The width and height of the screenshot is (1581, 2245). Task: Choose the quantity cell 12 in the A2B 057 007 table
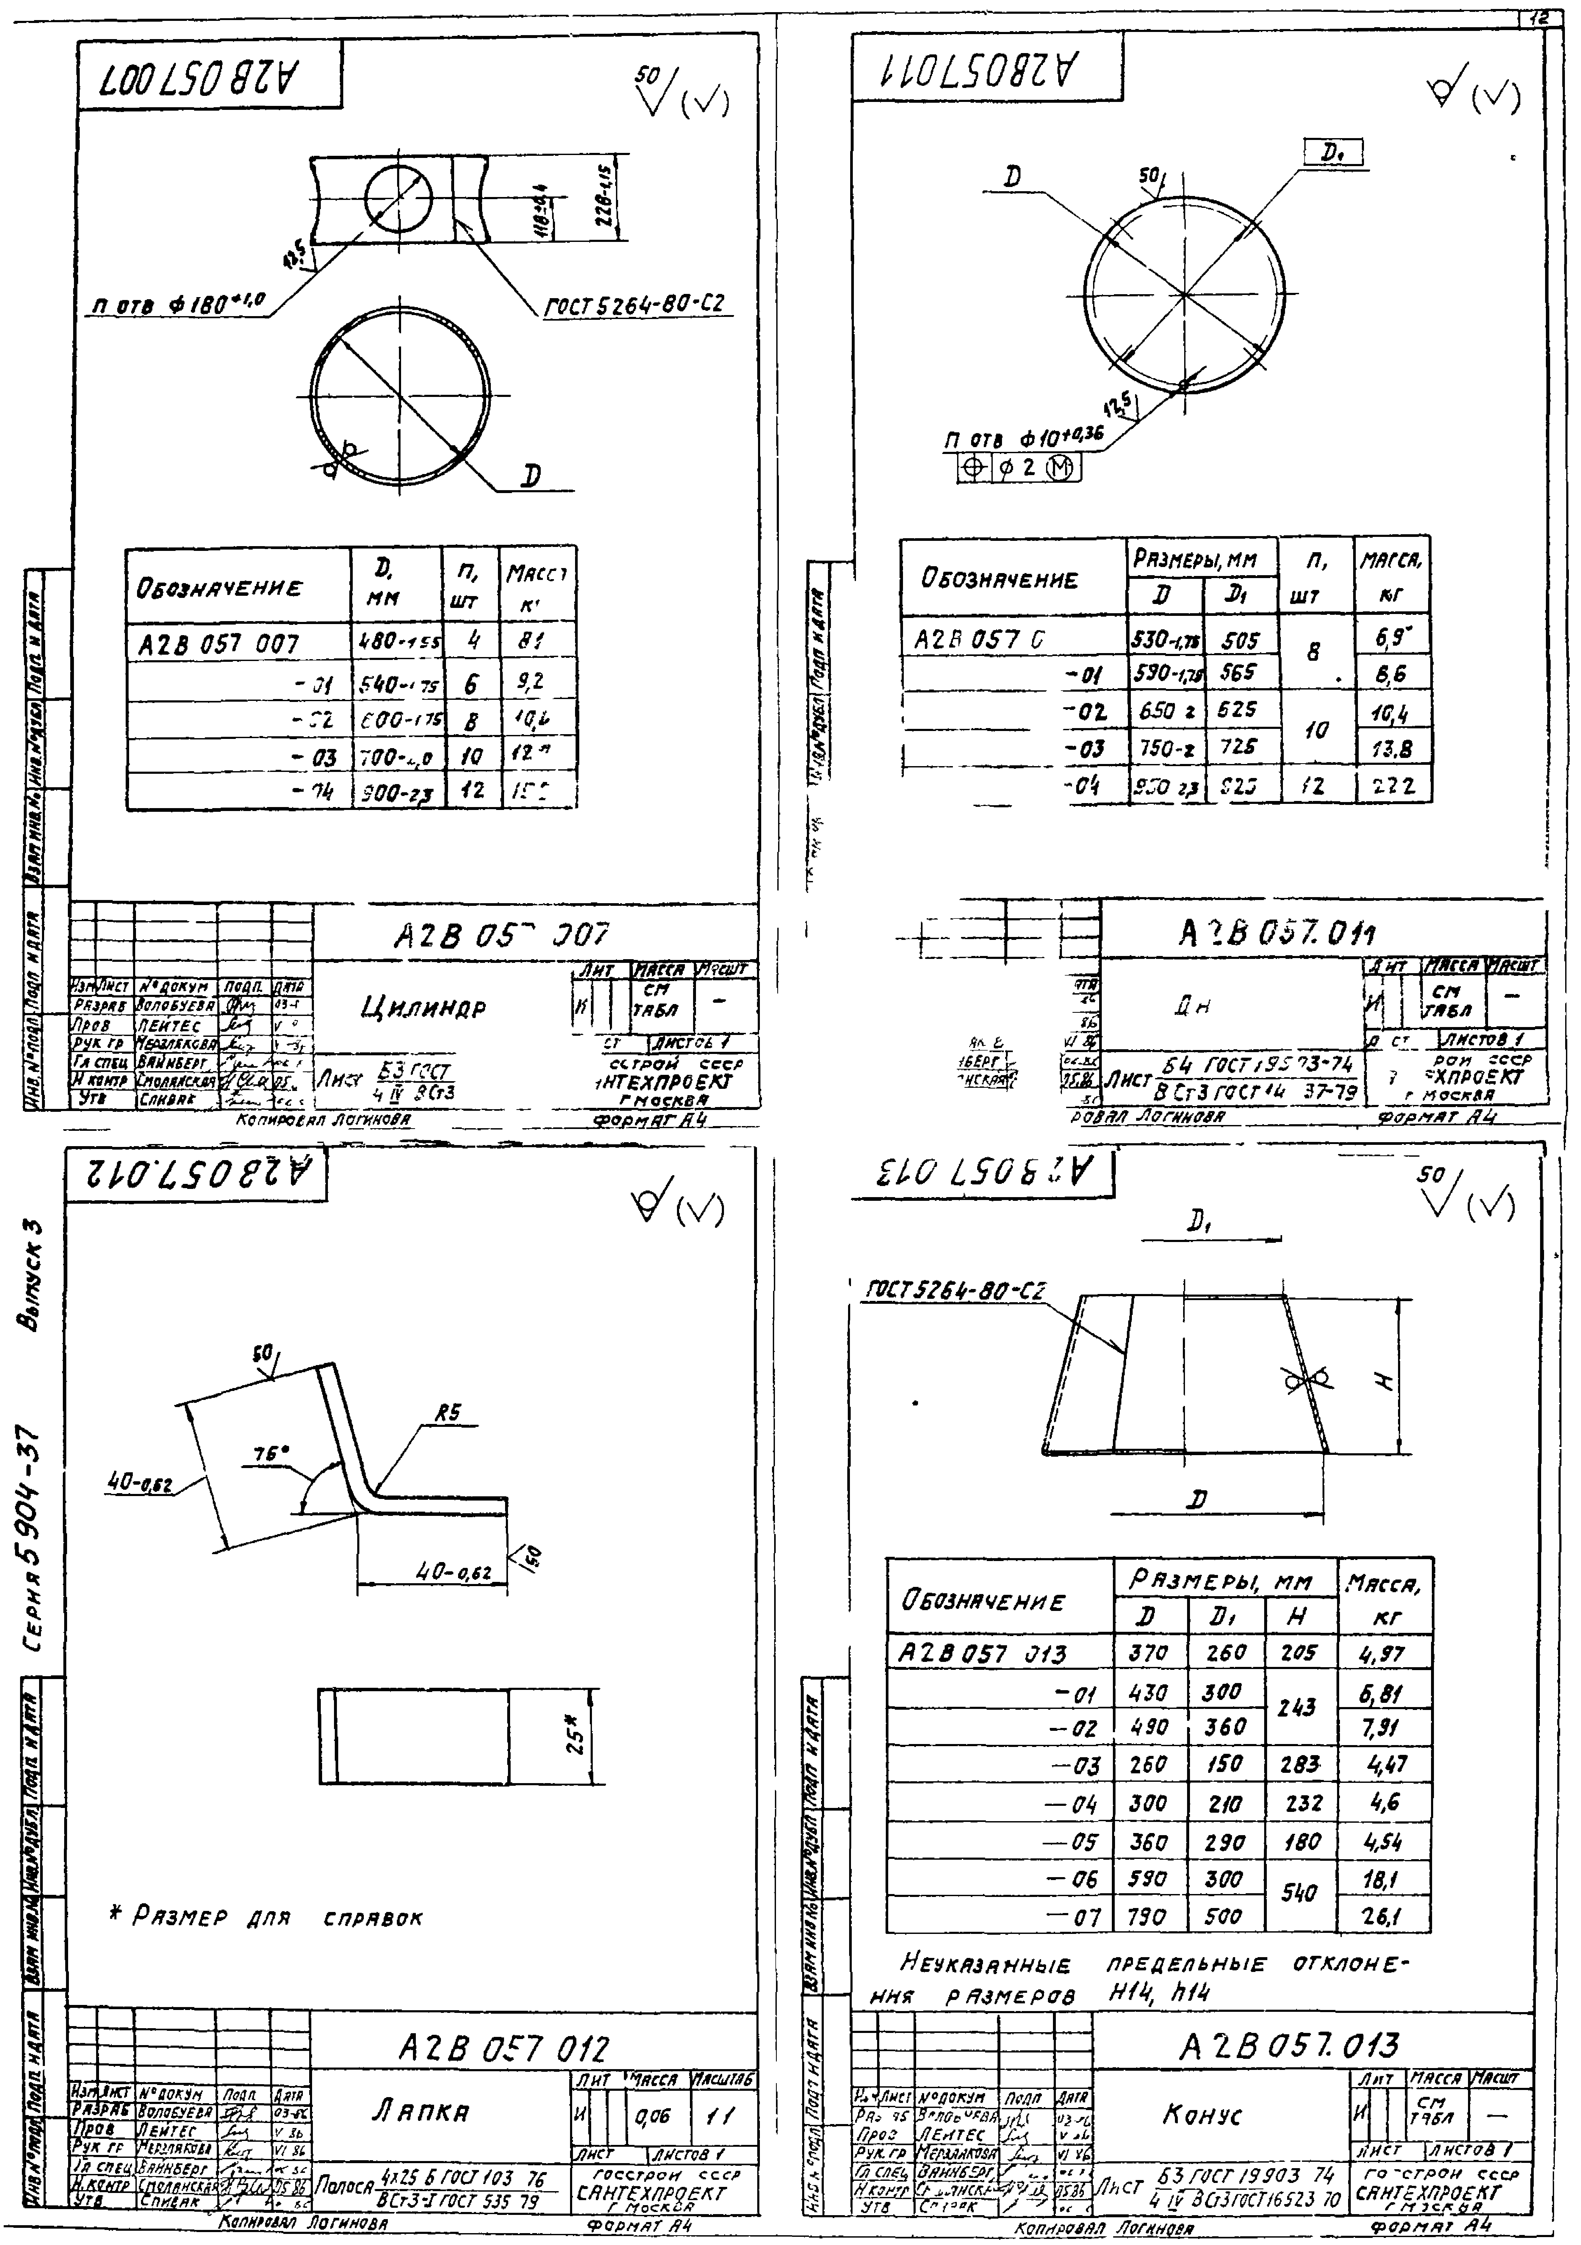(x=472, y=789)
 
